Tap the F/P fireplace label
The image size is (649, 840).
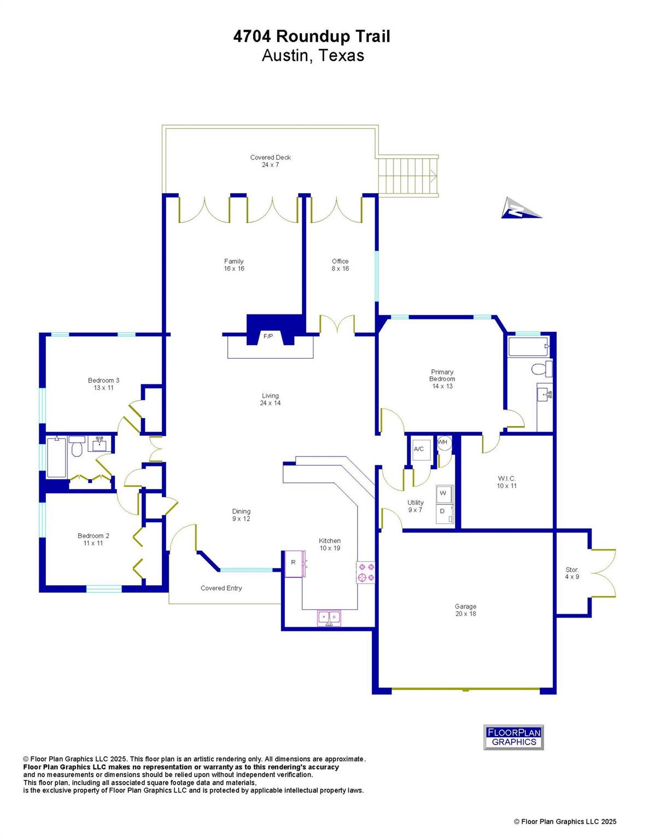click(268, 336)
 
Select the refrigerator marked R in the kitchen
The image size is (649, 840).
click(293, 563)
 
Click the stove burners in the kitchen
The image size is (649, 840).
click(366, 572)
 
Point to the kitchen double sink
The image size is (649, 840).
click(329, 617)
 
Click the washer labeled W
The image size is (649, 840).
click(444, 493)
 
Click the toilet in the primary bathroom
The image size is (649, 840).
click(542, 369)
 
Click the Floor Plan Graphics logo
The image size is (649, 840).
click(513, 737)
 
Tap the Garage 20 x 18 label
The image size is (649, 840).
click(465, 610)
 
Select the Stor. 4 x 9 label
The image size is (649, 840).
click(572, 573)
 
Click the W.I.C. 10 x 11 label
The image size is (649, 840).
click(506, 482)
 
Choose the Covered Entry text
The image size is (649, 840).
click(221, 588)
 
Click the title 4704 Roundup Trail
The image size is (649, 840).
click(312, 37)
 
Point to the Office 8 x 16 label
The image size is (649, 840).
click(340, 265)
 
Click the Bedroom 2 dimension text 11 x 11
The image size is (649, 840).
click(93, 543)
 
